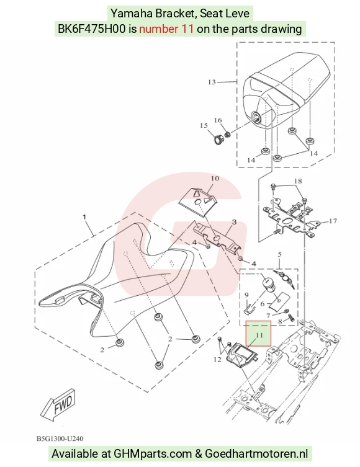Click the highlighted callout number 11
[x=259, y=336]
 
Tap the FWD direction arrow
[x=58, y=405]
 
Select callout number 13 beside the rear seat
[x=212, y=82]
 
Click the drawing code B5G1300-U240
[x=60, y=438]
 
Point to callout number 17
[x=333, y=221]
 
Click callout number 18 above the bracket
[x=298, y=181]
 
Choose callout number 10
[x=215, y=179]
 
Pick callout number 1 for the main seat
[x=84, y=216]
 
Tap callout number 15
[x=204, y=126]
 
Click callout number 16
[x=218, y=120]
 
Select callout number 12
[x=217, y=360]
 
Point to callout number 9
[x=246, y=295]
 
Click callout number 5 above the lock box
[x=279, y=255]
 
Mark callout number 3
[x=234, y=222]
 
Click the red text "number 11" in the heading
[x=166, y=29]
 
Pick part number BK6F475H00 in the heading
[x=91, y=29]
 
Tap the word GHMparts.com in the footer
[x=153, y=453]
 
